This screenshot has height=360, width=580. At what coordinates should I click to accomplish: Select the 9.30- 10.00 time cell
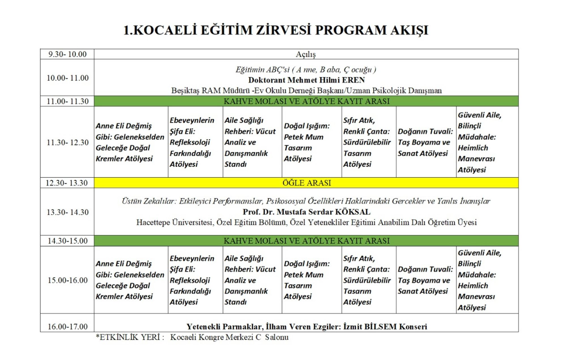(67, 54)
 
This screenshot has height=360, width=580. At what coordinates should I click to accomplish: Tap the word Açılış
(306, 54)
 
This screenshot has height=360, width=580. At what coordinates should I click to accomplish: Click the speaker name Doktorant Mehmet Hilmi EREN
(306, 80)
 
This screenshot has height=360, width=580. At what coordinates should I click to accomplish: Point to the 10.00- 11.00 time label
(67, 78)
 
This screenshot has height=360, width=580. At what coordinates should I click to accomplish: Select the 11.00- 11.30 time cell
(67, 101)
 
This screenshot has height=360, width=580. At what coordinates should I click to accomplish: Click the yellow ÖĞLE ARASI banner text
(306, 183)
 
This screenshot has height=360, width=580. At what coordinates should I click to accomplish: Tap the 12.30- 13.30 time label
(67, 183)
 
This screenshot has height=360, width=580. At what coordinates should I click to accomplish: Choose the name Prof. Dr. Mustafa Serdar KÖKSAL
(306, 212)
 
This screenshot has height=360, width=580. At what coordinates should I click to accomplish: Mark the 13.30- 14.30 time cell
(67, 212)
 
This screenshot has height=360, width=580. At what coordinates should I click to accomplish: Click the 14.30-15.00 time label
(67, 241)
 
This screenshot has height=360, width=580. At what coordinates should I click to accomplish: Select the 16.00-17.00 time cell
(67, 327)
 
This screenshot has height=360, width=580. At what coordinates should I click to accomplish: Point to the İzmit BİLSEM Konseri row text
(306, 327)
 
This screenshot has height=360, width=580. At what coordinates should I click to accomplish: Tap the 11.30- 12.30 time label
(67, 142)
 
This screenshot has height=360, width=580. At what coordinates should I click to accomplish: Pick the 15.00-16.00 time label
(67, 280)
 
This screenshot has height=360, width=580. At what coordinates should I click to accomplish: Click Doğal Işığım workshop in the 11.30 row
(307, 142)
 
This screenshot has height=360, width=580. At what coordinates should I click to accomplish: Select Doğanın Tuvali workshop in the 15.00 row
(425, 280)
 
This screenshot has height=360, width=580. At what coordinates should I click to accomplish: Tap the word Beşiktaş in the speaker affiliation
(185, 91)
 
